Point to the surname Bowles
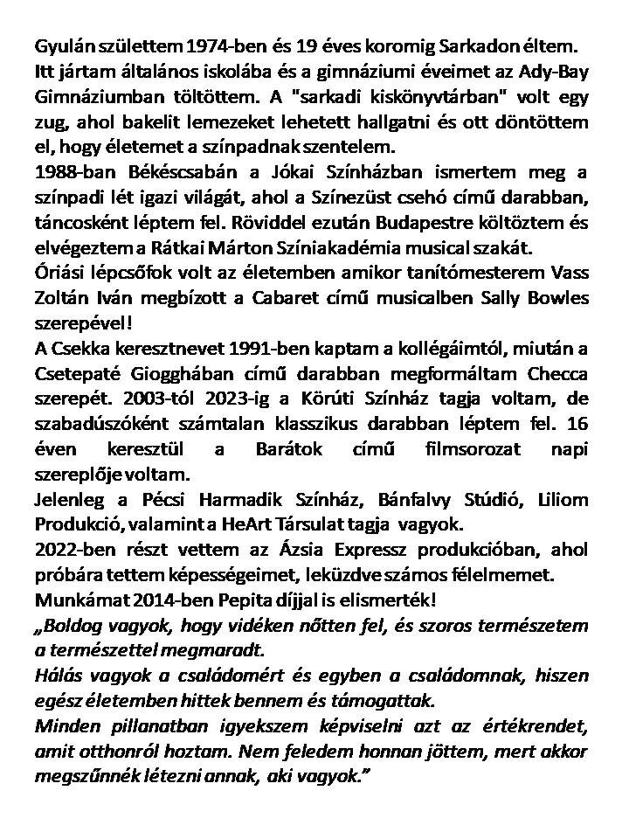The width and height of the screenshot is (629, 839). [x=558, y=298]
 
